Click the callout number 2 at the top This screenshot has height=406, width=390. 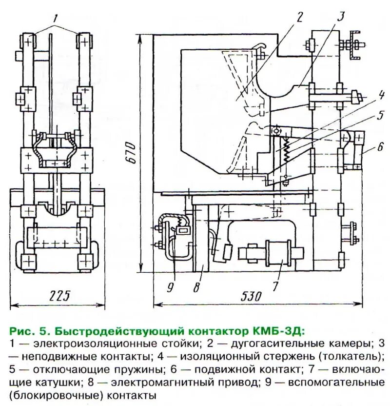[299, 18]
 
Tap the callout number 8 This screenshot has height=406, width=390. [196, 286]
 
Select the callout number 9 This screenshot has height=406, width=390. [170, 286]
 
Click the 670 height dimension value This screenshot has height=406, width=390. [128, 154]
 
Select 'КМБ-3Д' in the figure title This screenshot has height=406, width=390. [280, 333]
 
